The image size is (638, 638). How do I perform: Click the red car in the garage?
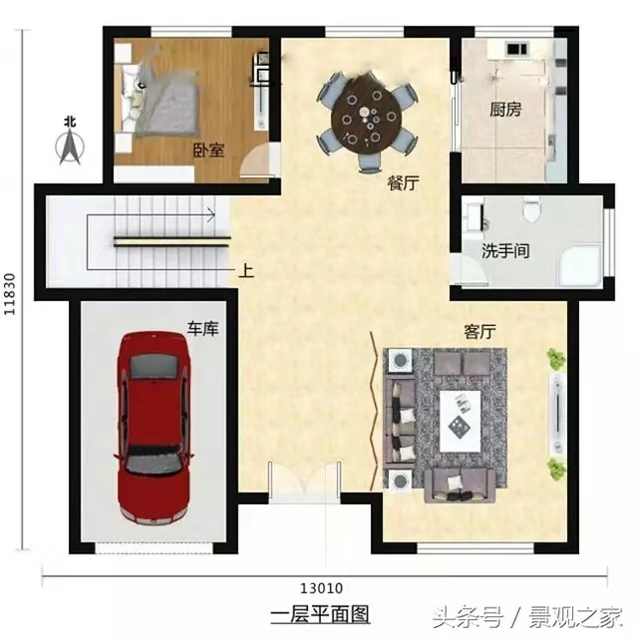(x=155, y=429)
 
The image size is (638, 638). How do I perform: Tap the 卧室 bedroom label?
(x=208, y=151)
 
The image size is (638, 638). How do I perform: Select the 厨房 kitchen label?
(x=505, y=109)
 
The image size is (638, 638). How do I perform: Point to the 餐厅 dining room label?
(x=403, y=183)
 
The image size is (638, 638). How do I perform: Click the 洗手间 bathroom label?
(x=505, y=250)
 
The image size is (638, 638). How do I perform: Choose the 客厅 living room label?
(x=480, y=332)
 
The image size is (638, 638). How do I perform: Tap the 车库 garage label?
(x=202, y=328)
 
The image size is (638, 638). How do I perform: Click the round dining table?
(x=366, y=119)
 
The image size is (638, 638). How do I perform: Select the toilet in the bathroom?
(x=531, y=209)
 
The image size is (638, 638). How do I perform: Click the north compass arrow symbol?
(x=70, y=142)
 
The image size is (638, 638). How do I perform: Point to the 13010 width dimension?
(x=321, y=588)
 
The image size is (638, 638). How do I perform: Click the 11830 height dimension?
(x=9, y=294)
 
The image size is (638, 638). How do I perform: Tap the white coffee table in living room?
(x=461, y=421)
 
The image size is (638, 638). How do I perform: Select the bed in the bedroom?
(x=158, y=99)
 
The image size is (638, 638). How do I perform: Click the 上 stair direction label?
(x=246, y=270)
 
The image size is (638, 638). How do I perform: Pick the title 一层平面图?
(x=321, y=614)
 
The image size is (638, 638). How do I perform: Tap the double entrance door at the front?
(x=304, y=481)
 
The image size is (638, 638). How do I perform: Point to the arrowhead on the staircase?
(x=211, y=215)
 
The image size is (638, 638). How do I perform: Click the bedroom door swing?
(x=257, y=160)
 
